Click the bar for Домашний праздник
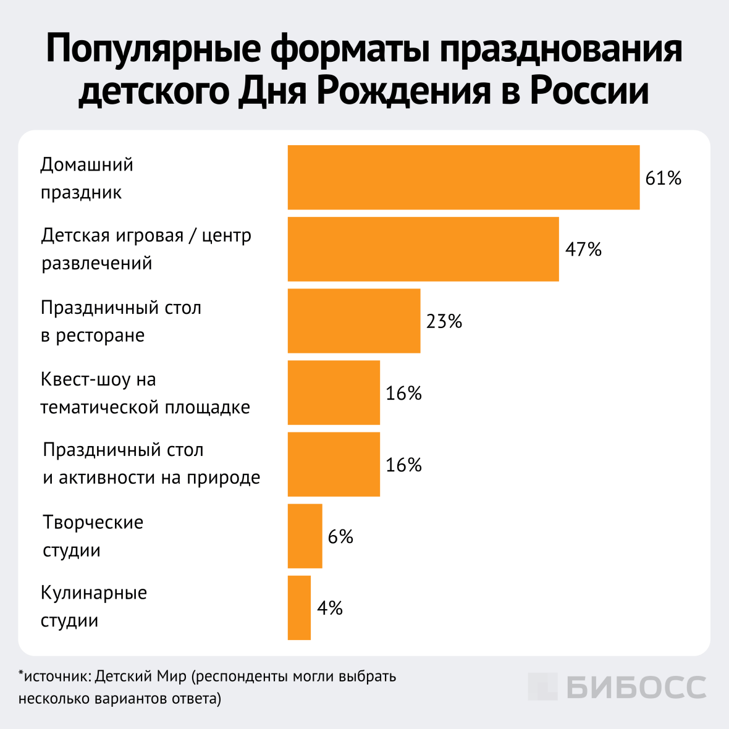[463, 177]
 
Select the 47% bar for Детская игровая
[423, 249]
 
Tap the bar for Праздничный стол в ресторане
[354, 321]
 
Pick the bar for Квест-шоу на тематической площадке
[334, 392]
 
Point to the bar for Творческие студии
[305, 536]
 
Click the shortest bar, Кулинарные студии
[299, 607]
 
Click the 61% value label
[663, 179]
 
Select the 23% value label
[444, 321]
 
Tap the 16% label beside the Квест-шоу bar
[403, 393]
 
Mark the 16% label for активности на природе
[403, 465]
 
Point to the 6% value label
[340, 536]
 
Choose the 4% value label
[330, 608]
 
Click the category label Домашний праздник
[86, 179]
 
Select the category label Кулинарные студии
[93, 607]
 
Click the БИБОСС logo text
[636, 687]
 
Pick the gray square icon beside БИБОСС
[542, 686]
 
